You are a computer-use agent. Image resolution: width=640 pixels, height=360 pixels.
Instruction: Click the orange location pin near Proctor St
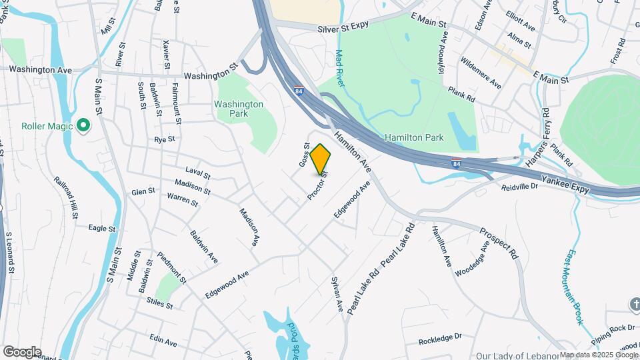point(321,159)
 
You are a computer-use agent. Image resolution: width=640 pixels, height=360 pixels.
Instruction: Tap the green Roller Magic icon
point(83,125)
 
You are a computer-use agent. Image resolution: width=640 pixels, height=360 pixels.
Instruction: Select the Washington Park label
point(239,109)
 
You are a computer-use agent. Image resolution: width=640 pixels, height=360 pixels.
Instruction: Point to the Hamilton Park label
point(414,137)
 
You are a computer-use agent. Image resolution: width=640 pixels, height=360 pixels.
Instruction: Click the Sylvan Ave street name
point(336,294)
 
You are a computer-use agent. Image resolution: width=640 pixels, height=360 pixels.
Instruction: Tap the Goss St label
point(304,154)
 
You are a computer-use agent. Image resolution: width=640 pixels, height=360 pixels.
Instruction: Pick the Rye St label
point(164,139)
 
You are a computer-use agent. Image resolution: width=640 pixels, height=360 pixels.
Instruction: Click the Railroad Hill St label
point(67,197)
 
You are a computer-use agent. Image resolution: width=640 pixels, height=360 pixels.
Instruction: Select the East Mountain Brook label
point(575,287)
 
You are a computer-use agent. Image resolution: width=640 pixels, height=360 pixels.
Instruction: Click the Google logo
point(22,351)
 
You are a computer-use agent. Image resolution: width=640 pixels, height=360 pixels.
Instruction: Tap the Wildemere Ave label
point(481,73)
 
